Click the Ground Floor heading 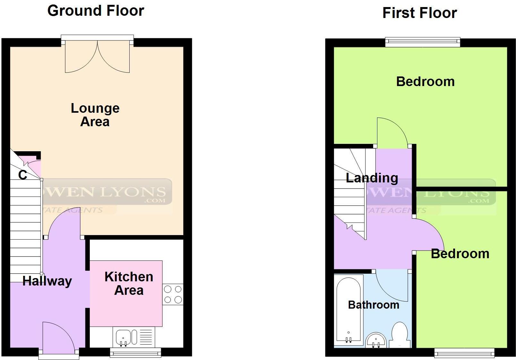pyautogui.click(x=96, y=11)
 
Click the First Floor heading pyautogui.click(x=419, y=13)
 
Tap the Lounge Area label pyautogui.click(x=95, y=115)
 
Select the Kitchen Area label pyautogui.click(x=129, y=283)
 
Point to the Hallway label pyautogui.click(x=47, y=281)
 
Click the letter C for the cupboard pyautogui.click(x=22, y=175)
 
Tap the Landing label pyautogui.click(x=372, y=178)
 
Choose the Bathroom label pyautogui.click(x=374, y=305)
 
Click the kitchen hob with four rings pyautogui.click(x=173, y=294)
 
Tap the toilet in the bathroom pyautogui.click(x=400, y=334)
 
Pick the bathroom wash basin pyautogui.click(x=376, y=340)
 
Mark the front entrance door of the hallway pyautogui.click(x=58, y=337)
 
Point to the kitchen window pyautogui.click(x=135, y=353)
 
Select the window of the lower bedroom pyautogui.click(x=464, y=353)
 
